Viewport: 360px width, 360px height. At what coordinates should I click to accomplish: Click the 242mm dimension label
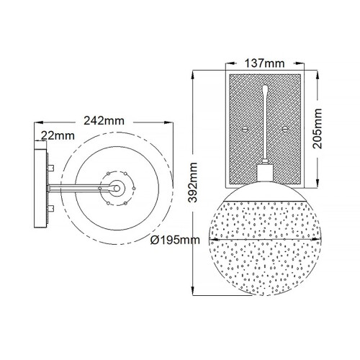[x=105, y=120]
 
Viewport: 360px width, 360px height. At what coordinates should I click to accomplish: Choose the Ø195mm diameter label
[x=176, y=240]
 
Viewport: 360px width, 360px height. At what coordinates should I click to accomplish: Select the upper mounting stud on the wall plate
[x=52, y=167]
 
